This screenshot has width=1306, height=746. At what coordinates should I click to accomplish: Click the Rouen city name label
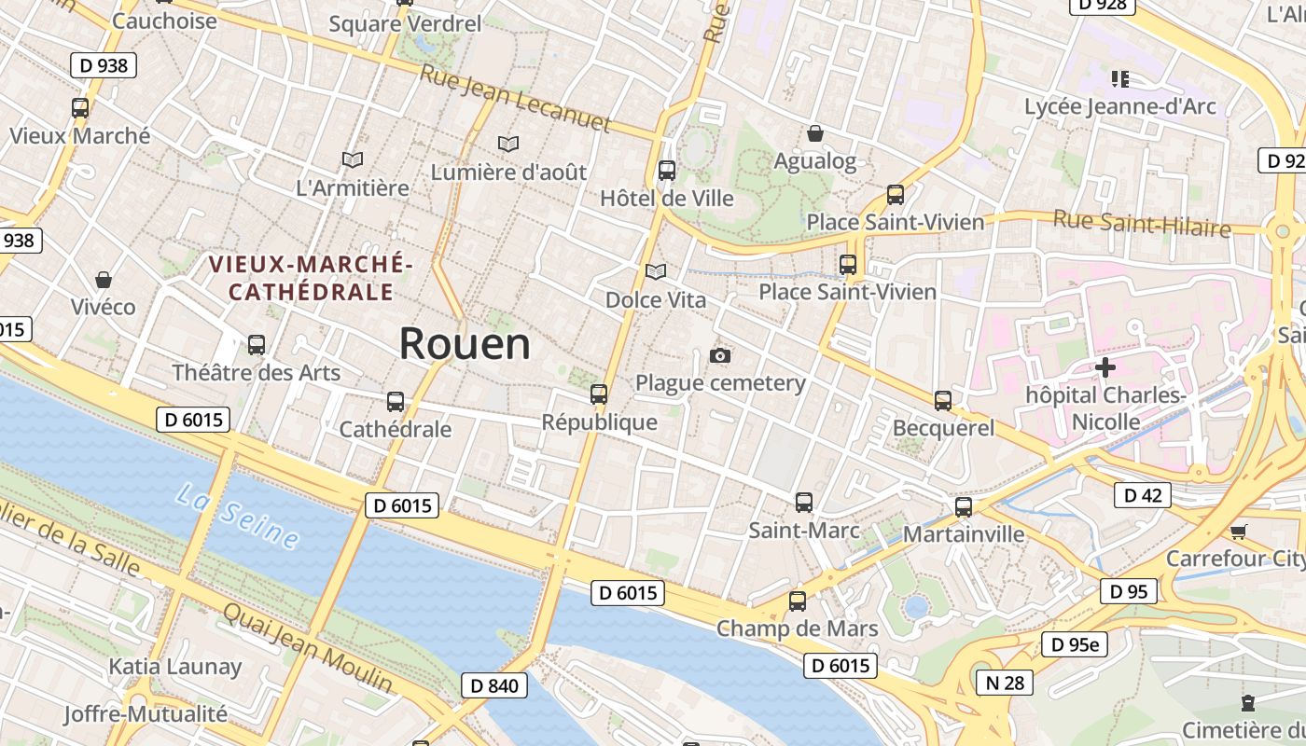(x=465, y=344)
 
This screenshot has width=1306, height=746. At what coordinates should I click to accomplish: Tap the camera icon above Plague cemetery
(x=720, y=355)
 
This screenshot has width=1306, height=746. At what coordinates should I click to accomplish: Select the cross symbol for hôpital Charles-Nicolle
(x=1105, y=366)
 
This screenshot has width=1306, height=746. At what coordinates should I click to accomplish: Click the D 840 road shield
(x=493, y=685)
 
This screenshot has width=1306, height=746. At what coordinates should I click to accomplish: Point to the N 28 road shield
(x=1005, y=683)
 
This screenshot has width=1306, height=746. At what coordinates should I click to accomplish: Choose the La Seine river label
(x=237, y=516)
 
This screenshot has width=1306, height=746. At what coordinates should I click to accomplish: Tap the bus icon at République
(x=599, y=394)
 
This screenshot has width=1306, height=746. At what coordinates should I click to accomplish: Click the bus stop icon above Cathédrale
(x=396, y=402)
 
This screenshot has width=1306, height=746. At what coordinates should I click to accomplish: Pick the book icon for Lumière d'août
(x=508, y=145)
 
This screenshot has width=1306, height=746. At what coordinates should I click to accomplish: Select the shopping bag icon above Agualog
(x=815, y=133)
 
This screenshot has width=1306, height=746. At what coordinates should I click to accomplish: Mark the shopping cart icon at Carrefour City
(x=1238, y=532)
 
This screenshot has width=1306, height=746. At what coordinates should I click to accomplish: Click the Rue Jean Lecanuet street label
(x=515, y=99)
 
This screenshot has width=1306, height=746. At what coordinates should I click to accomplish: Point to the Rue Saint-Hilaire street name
(x=1142, y=224)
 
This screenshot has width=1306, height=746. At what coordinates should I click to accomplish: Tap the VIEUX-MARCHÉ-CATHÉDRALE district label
(x=311, y=278)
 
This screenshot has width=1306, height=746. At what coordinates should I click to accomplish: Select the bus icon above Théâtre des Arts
(x=257, y=345)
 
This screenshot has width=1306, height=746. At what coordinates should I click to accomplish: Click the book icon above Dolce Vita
(x=656, y=272)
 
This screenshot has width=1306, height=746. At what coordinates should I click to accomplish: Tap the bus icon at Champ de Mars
(x=798, y=601)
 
